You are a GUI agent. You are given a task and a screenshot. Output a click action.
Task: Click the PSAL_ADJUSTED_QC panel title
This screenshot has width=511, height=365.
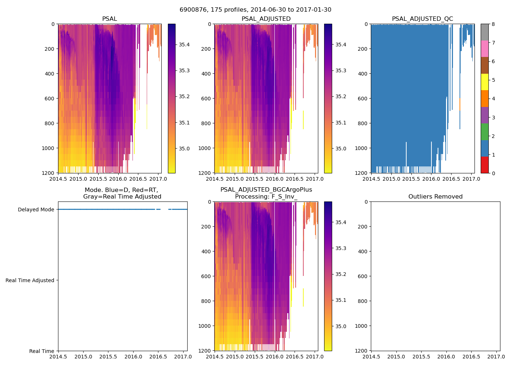[422, 19]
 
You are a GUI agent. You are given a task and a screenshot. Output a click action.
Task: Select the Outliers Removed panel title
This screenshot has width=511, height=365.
[435, 197]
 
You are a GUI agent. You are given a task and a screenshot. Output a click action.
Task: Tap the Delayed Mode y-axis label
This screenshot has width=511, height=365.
[36, 210]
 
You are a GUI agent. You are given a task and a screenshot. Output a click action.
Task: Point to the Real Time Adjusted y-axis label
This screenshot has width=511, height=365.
[30, 280]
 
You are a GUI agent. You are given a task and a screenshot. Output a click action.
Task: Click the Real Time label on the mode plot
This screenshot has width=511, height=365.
[42, 351]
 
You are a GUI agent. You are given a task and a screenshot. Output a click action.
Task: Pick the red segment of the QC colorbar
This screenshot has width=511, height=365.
[484, 165]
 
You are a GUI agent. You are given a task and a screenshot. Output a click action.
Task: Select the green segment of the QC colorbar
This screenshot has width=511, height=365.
[484, 131]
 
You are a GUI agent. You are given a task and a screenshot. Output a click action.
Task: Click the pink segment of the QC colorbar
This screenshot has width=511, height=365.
[484, 49]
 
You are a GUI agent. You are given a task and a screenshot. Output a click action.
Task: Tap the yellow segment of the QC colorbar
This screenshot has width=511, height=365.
[484, 82]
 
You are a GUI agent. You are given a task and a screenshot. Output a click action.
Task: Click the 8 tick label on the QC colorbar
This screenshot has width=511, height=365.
[493, 24]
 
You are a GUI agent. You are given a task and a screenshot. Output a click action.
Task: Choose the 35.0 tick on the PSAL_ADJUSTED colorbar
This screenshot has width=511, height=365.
[341, 149]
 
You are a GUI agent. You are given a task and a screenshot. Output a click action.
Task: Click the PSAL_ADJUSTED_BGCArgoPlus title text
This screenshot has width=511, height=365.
[266, 190]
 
